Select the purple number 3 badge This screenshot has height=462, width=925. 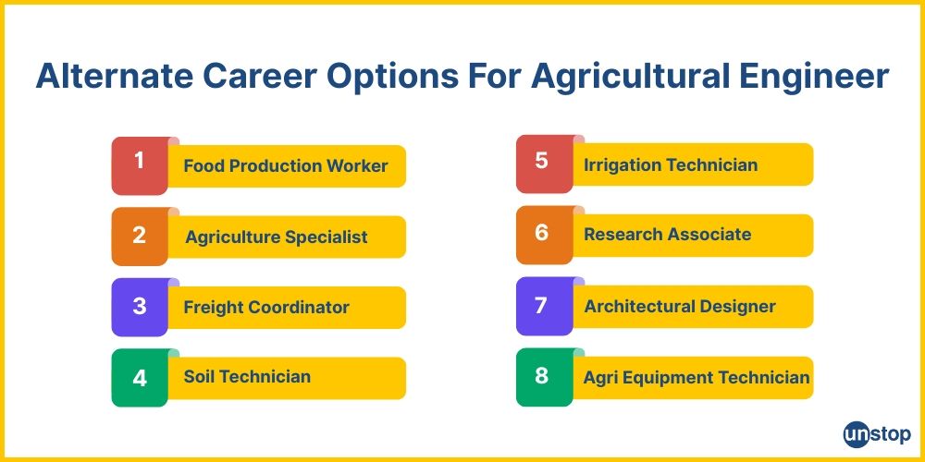coord(140,307)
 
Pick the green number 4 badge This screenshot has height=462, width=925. coord(140,377)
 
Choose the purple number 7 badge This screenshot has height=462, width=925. coord(542,306)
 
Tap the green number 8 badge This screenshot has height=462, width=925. coord(542,376)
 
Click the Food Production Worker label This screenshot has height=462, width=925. coord(285,166)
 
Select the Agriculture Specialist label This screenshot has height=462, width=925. coord(276,237)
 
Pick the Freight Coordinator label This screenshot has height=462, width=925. coord(266,308)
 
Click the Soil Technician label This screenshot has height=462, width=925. coord(247,377)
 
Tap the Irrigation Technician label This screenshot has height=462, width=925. coord(671,165)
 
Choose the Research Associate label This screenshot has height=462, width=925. coord(667,235)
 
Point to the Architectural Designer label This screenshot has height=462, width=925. coord(680,307)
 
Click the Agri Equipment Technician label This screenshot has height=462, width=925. coord(697,377)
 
